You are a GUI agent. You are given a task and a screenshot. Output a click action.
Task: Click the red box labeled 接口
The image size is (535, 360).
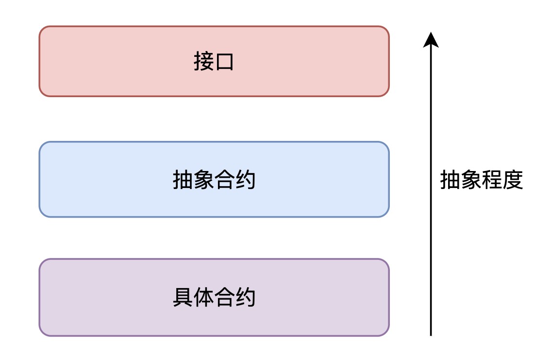214,61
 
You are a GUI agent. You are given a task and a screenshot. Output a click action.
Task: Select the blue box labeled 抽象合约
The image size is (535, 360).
214,179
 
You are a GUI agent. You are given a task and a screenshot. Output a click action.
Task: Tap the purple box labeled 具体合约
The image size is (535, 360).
214,297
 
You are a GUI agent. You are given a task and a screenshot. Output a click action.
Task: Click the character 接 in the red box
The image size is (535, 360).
204,62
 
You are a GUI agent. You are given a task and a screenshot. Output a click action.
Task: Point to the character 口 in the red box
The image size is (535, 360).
224,62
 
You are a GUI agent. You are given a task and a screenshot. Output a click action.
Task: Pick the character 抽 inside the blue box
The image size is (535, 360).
183,180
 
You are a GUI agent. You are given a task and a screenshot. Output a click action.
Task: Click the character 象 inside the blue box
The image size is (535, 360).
204,180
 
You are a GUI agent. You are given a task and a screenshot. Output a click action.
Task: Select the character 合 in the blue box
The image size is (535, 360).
224,180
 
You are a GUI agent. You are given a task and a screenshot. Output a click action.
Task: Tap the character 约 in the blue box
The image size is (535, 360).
245,180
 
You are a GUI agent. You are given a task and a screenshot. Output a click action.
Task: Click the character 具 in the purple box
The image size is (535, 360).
183,297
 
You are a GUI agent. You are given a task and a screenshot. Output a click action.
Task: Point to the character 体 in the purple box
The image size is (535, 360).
204,297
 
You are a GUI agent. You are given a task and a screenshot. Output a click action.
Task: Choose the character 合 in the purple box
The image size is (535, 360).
224,297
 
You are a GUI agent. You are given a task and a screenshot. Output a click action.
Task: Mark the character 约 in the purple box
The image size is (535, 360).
245,297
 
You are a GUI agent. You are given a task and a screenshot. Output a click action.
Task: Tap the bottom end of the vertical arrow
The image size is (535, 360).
431,335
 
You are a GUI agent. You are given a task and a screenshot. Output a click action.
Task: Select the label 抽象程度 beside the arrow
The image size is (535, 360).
482,180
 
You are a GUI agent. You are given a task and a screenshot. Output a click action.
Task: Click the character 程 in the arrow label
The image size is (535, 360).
492,180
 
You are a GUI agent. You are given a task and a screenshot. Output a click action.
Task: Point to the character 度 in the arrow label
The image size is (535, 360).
513,180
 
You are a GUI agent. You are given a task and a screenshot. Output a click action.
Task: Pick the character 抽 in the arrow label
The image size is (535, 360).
450,180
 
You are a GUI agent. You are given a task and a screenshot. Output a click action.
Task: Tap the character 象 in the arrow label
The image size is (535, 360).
471,180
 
